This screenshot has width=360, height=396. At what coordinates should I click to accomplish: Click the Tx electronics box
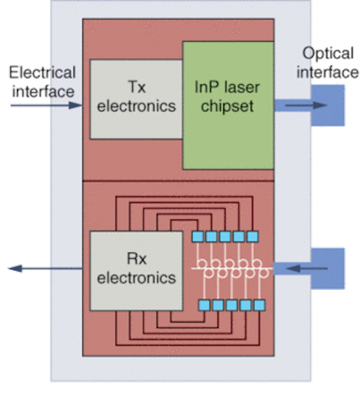[x=136, y=99]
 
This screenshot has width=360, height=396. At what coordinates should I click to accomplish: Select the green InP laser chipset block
[x=228, y=105]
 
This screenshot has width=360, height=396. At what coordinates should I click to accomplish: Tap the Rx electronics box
[x=136, y=271]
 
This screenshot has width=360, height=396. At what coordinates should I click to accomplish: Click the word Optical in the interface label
[x=328, y=54]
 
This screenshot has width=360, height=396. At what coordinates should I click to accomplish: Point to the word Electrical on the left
[x=42, y=72]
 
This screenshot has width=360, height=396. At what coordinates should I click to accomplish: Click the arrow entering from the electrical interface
[x=46, y=105]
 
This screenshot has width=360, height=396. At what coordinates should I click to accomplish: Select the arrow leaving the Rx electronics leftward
[x=45, y=269]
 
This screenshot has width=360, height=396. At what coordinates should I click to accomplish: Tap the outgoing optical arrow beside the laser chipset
[x=306, y=105]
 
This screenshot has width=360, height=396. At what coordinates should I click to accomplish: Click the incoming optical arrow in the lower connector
[x=306, y=269]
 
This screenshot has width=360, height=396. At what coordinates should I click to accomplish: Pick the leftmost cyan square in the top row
[x=197, y=237]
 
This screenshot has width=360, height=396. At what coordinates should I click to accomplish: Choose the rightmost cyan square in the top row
[x=252, y=237]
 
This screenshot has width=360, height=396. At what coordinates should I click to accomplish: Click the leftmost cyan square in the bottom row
[x=204, y=305]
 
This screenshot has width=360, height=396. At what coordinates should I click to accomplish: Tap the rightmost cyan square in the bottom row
[x=259, y=305]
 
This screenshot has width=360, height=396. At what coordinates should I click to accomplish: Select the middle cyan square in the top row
[x=225, y=237]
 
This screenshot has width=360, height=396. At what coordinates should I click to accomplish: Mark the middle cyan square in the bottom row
[x=232, y=305]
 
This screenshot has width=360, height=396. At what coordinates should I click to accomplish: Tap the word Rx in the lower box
[x=136, y=259]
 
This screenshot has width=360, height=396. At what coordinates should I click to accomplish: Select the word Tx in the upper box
[x=137, y=87]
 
